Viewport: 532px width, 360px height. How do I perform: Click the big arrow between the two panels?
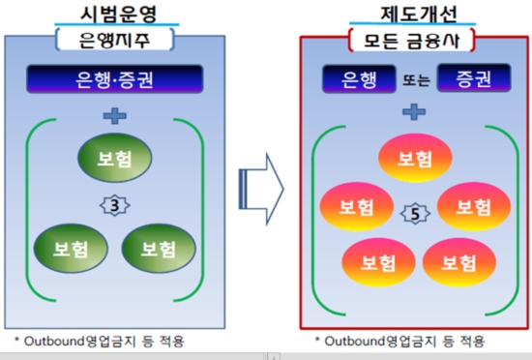pos(259,181)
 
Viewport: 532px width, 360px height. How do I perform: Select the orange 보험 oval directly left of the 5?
pos(353,207)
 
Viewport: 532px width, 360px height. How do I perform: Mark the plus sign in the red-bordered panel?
pos(414,111)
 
